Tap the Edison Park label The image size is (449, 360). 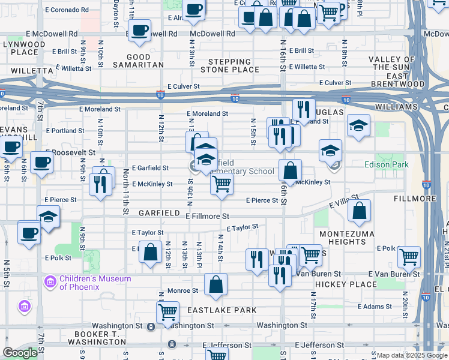tap(387, 164)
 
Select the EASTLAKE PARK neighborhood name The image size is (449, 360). tap(221, 310)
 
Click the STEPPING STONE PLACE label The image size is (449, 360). tap(229, 65)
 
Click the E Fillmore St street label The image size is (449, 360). tap(207, 216)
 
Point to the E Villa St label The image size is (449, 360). tap(344, 201)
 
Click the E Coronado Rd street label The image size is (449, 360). tap(67, 10)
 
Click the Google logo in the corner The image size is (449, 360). tap(20, 353)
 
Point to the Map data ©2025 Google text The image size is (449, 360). tap(410, 355)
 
